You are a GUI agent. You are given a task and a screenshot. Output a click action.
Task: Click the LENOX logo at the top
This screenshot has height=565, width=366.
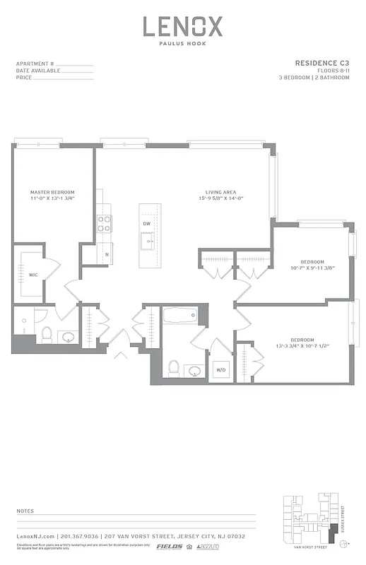pyautogui.click(x=183, y=27)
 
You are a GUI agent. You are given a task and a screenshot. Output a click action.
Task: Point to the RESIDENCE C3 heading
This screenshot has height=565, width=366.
pyautogui.click(x=321, y=63)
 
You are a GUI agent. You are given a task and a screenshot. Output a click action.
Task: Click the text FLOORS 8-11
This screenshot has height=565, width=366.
pyautogui.click(x=332, y=71)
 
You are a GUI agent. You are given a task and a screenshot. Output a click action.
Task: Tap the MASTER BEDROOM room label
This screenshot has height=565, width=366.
pyautogui.click(x=52, y=192)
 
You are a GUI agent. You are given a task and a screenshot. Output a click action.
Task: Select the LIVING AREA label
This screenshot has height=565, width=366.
pyautogui.click(x=220, y=192)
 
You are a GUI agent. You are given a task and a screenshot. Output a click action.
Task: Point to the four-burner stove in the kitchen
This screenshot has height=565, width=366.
pyautogui.click(x=104, y=223)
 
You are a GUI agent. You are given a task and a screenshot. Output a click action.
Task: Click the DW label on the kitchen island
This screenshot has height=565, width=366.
pyautogui.click(x=147, y=224)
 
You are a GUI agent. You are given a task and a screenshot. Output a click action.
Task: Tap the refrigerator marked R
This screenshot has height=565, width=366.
pyautogui.click(x=107, y=254)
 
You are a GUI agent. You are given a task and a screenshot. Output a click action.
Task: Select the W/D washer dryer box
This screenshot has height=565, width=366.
pyautogui.click(x=220, y=369)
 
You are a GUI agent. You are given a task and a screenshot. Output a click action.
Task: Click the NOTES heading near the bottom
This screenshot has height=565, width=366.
pyautogui.click(x=25, y=510)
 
